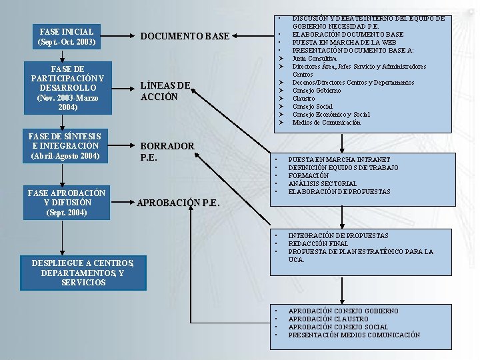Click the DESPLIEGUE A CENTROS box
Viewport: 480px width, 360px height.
tap(83, 273)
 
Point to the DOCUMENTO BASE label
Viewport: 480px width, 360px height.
tap(185, 36)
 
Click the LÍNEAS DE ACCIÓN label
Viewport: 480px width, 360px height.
tap(165, 91)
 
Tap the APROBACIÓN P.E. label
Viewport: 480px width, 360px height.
tap(178, 203)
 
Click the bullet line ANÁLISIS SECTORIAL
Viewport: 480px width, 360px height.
tap(322, 183)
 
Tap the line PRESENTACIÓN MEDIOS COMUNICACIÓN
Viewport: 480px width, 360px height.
tap(353, 335)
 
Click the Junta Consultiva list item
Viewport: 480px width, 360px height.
tap(314, 59)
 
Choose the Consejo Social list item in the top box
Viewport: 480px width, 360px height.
tap(312, 107)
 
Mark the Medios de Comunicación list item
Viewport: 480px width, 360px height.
tap(326, 122)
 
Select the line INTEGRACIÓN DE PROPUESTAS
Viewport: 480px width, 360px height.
tap(338, 235)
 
